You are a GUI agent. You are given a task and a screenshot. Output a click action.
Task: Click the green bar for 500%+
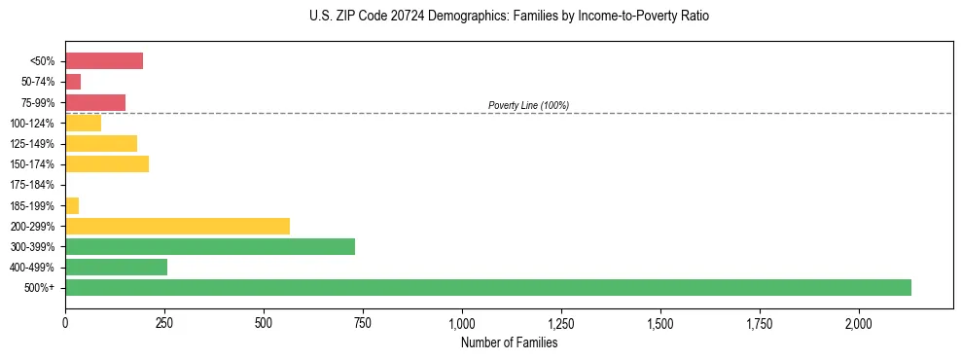(x=487, y=287)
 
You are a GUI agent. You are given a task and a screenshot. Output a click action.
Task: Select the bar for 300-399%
(x=209, y=246)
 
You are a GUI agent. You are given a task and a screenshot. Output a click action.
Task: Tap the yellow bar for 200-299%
(x=177, y=226)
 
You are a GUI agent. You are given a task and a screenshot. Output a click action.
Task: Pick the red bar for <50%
(x=104, y=61)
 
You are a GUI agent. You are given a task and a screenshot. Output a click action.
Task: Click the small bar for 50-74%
(x=73, y=82)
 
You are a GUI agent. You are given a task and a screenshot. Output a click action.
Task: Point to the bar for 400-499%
(x=116, y=267)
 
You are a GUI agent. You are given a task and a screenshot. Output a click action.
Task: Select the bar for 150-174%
(x=107, y=163)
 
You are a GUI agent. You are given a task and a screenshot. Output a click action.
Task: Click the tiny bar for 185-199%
(x=72, y=205)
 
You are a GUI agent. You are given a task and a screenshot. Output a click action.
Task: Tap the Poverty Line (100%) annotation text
(x=528, y=105)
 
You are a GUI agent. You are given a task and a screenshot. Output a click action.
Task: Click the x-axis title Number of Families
(x=509, y=342)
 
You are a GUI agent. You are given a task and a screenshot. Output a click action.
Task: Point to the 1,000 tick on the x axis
(x=462, y=323)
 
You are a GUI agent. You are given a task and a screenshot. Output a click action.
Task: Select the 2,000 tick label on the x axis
(x=859, y=323)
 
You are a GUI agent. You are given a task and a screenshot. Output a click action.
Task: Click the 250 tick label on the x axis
(x=164, y=323)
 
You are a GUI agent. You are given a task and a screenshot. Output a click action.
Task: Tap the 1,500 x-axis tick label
(x=660, y=323)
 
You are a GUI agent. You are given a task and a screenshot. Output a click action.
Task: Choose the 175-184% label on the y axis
(x=32, y=185)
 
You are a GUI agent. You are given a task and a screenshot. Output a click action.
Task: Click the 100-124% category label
(x=32, y=123)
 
